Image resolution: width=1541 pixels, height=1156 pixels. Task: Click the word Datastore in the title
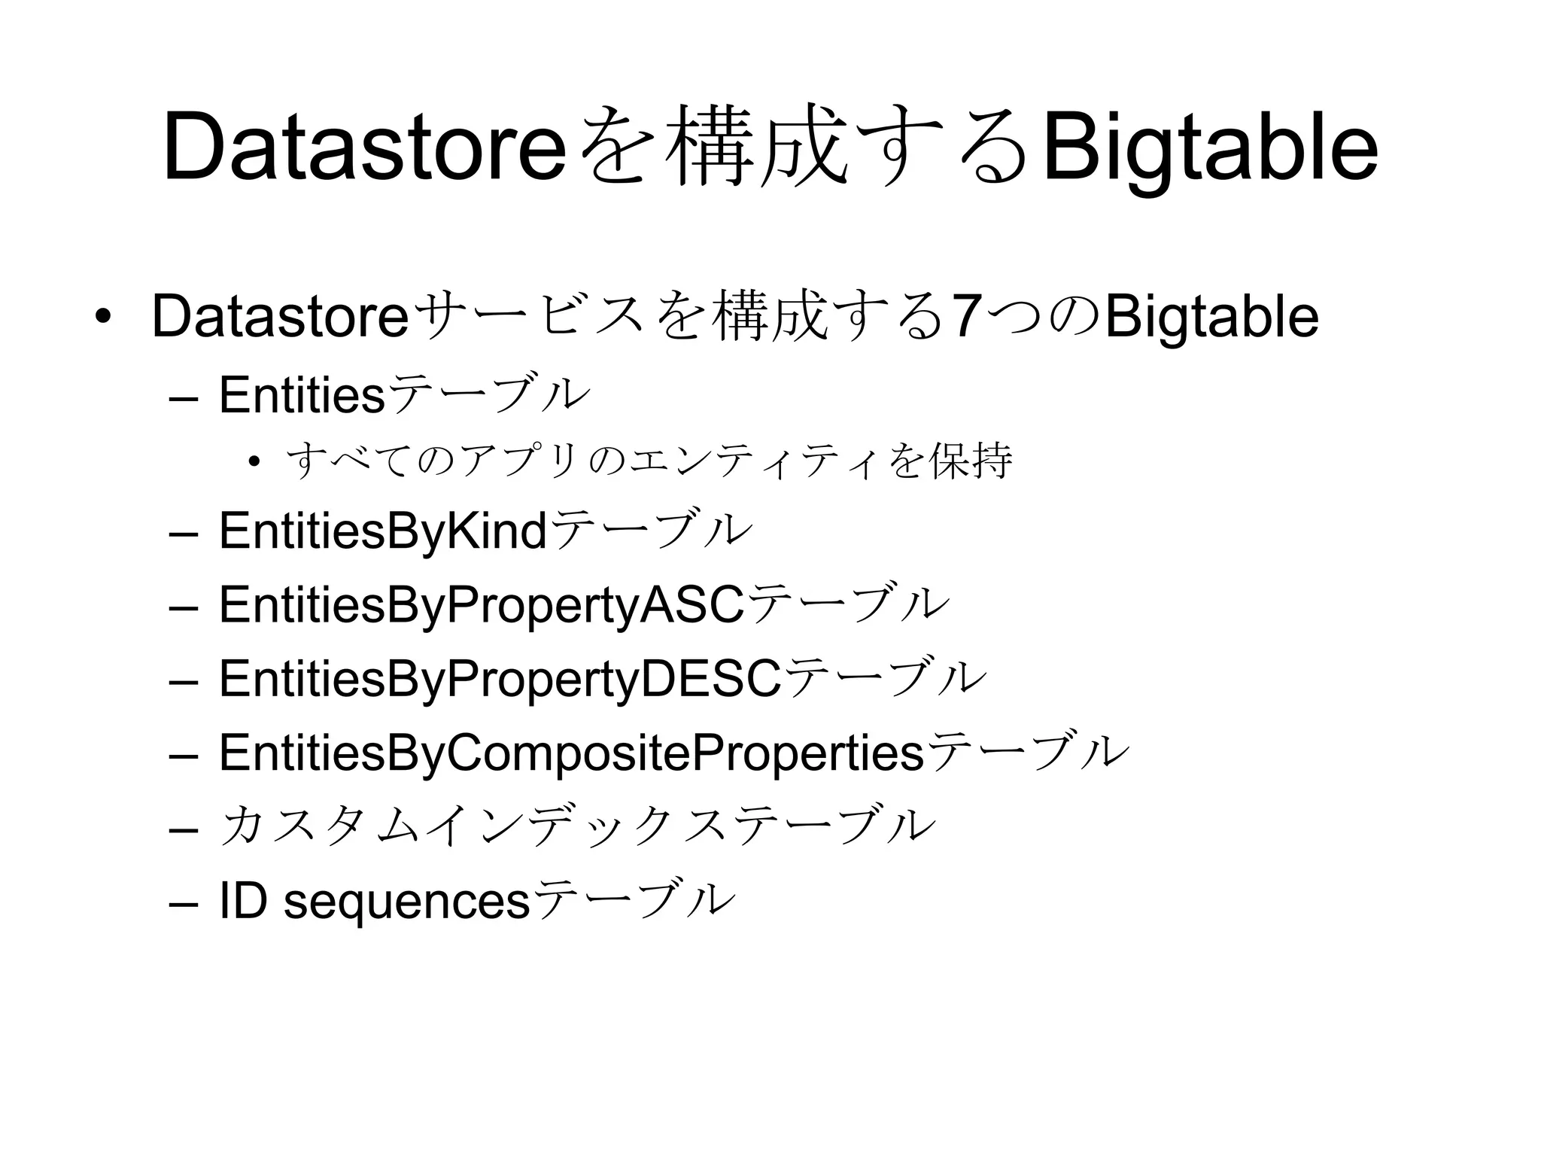click(x=363, y=147)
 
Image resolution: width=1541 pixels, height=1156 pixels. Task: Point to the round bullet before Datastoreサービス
click(x=101, y=316)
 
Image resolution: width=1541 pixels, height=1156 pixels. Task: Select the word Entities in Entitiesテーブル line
click(x=301, y=394)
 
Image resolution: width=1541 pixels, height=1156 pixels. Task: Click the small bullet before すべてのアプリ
click(x=254, y=461)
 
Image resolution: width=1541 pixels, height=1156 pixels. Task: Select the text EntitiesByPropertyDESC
click(x=500, y=678)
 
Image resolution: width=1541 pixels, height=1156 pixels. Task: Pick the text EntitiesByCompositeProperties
click(x=571, y=752)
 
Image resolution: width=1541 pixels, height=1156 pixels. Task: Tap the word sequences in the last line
click(x=406, y=902)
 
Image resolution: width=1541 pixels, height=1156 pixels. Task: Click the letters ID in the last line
click(x=242, y=900)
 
